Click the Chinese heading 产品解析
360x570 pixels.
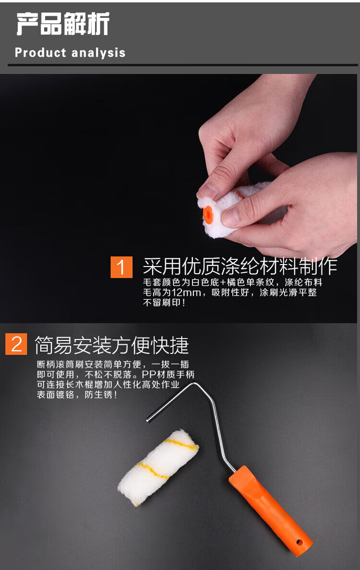(x=62, y=24)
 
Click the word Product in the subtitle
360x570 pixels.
(x=40, y=53)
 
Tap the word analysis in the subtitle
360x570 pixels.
(x=98, y=53)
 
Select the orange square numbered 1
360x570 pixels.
(x=121, y=267)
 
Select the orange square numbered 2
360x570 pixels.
(x=16, y=344)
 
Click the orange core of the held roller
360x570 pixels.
(x=208, y=215)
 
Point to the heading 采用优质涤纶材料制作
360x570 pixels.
(x=240, y=267)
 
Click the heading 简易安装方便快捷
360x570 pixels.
(x=111, y=345)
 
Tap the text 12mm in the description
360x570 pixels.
(x=186, y=292)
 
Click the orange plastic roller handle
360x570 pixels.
(x=270, y=511)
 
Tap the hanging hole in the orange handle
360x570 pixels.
(x=300, y=542)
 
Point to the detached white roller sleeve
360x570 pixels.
(x=158, y=468)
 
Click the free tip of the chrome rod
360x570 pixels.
(x=148, y=420)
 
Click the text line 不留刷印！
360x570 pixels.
(x=164, y=303)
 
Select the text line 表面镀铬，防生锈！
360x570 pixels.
(x=77, y=395)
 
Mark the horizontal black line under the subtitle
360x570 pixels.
(x=183, y=65)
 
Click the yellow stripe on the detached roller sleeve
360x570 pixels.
(x=180, y=444)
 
